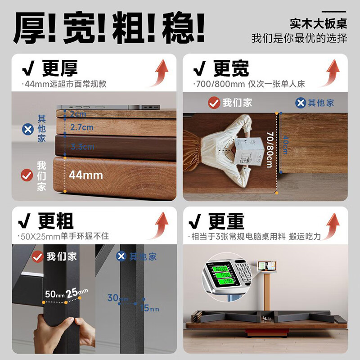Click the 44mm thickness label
86,175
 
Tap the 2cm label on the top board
77,114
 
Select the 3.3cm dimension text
82,147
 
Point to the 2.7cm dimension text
81,127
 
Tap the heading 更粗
55,221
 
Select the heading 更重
226,221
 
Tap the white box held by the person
247,151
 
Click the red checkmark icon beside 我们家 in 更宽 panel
214,103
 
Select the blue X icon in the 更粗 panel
121,256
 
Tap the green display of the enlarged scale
221,275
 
